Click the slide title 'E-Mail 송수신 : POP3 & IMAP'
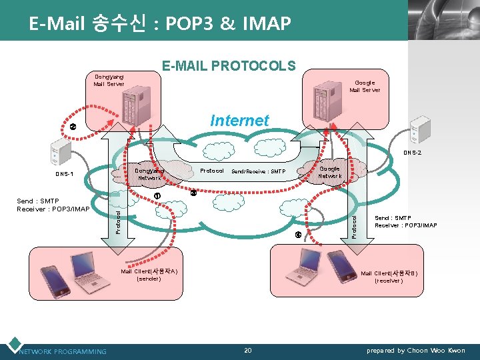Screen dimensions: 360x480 click(x=160, y=24)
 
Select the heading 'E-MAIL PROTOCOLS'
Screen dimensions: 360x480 click(x=229, y=65)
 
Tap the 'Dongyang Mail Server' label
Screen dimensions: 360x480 click(x=109, y=81)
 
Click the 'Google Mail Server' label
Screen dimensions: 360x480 click(x=365, y=87)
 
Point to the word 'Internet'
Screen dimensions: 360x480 click(x=239, y=121)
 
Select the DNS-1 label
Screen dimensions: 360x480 click(x=65, y=175)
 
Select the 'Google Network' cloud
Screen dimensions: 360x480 click(x=329, y=172)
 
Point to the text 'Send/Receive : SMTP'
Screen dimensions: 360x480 click(x=257, y=171)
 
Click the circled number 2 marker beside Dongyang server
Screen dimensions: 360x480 click(x=73, y=127)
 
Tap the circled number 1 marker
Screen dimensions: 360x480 click(x=157, y=195)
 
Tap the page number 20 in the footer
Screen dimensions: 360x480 click(x=247, y=350)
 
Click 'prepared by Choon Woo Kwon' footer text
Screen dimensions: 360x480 click(x=416, y=351)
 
